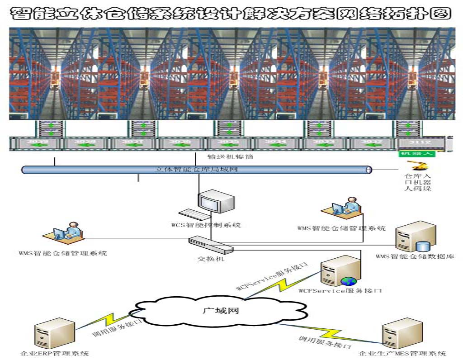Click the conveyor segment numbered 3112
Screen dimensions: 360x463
420,142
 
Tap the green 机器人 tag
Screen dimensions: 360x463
416,154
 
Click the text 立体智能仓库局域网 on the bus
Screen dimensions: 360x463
196,170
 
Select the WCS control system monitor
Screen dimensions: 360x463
216,202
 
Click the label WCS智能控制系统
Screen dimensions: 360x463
206,225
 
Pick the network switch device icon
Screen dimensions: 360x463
210,246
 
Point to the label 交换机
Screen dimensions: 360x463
211,259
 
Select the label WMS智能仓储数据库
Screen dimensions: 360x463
415,256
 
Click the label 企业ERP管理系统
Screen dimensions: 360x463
55,353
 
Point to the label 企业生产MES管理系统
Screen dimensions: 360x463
402,353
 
